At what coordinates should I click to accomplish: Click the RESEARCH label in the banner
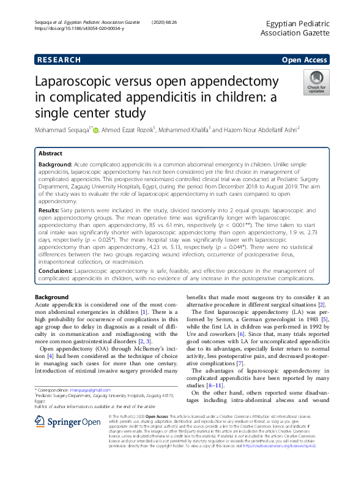click(59, 60)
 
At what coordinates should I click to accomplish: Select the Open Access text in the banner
click(304, 60)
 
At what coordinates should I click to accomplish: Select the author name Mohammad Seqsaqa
click(60, 129)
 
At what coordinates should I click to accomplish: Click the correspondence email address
click(89, 389)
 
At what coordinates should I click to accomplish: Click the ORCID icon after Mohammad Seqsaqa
click(95, 129)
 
